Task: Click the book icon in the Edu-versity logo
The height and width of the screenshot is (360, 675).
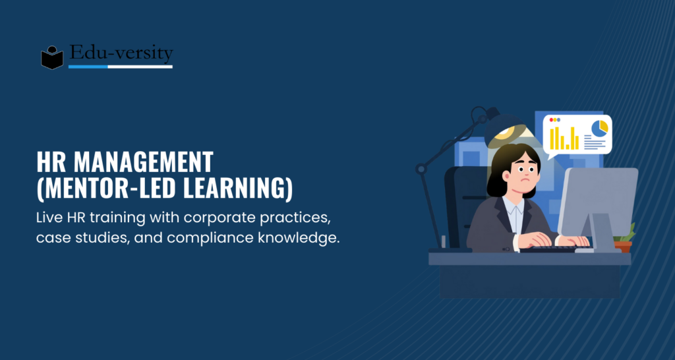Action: tap(52, 58)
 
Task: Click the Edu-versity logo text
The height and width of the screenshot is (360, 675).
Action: tap(121, 53)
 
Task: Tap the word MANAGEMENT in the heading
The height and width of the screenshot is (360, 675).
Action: tap(143, 162)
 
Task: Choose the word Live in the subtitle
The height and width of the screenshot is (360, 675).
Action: tap(47, 218)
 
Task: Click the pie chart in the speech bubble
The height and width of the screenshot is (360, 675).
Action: tap(599, 128)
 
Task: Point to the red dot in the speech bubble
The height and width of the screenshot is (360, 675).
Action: tap(552, 120)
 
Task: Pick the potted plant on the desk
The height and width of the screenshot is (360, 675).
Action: tap(624, 238)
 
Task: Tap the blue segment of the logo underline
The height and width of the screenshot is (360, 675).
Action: tap(88, 67)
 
